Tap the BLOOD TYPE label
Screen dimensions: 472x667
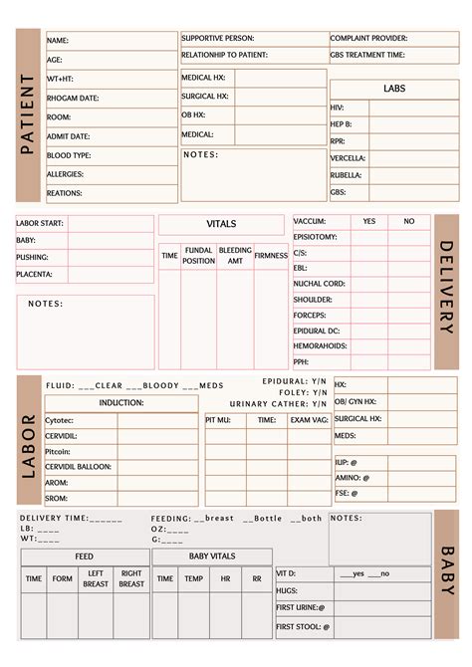click(69, 155)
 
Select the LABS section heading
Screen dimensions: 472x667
click(393, 89)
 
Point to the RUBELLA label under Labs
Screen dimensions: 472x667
click(347, 174)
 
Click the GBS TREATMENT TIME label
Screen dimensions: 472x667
click(367, 55)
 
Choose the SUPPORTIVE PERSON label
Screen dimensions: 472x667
click(217, 38)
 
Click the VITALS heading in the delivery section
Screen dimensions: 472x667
click(221, 224)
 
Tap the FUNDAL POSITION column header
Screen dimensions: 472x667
click(198, 256)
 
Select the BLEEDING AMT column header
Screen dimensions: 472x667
click(235, 256)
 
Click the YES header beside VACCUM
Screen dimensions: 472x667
click(369, 221)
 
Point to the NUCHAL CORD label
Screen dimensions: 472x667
click(319, 284)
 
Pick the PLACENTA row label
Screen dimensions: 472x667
click(34, 274)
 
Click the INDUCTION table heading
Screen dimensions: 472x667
click(121, 403)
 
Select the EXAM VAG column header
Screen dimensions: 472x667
click(308, 420)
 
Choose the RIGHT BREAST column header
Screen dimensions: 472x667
click(131, 578)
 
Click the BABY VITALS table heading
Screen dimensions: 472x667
click(212, 556)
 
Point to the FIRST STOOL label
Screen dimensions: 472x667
click(302, 627)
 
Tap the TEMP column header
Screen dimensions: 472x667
click(194, 578)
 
